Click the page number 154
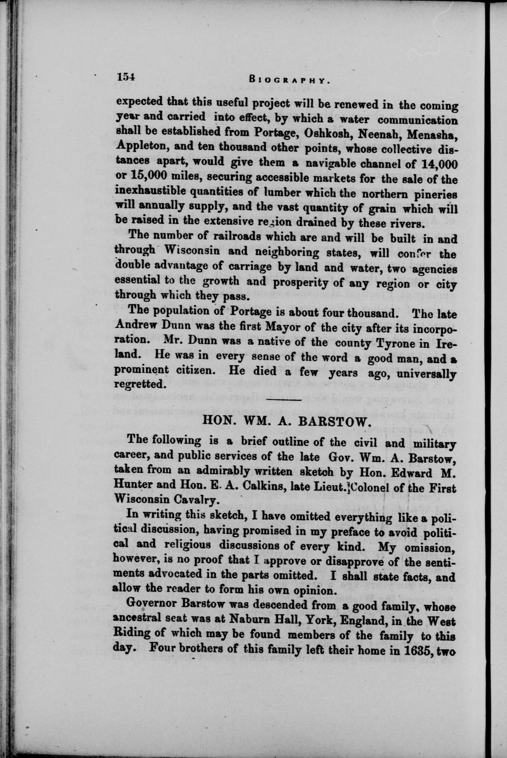tap(125, 77)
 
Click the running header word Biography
tap(289, 79)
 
